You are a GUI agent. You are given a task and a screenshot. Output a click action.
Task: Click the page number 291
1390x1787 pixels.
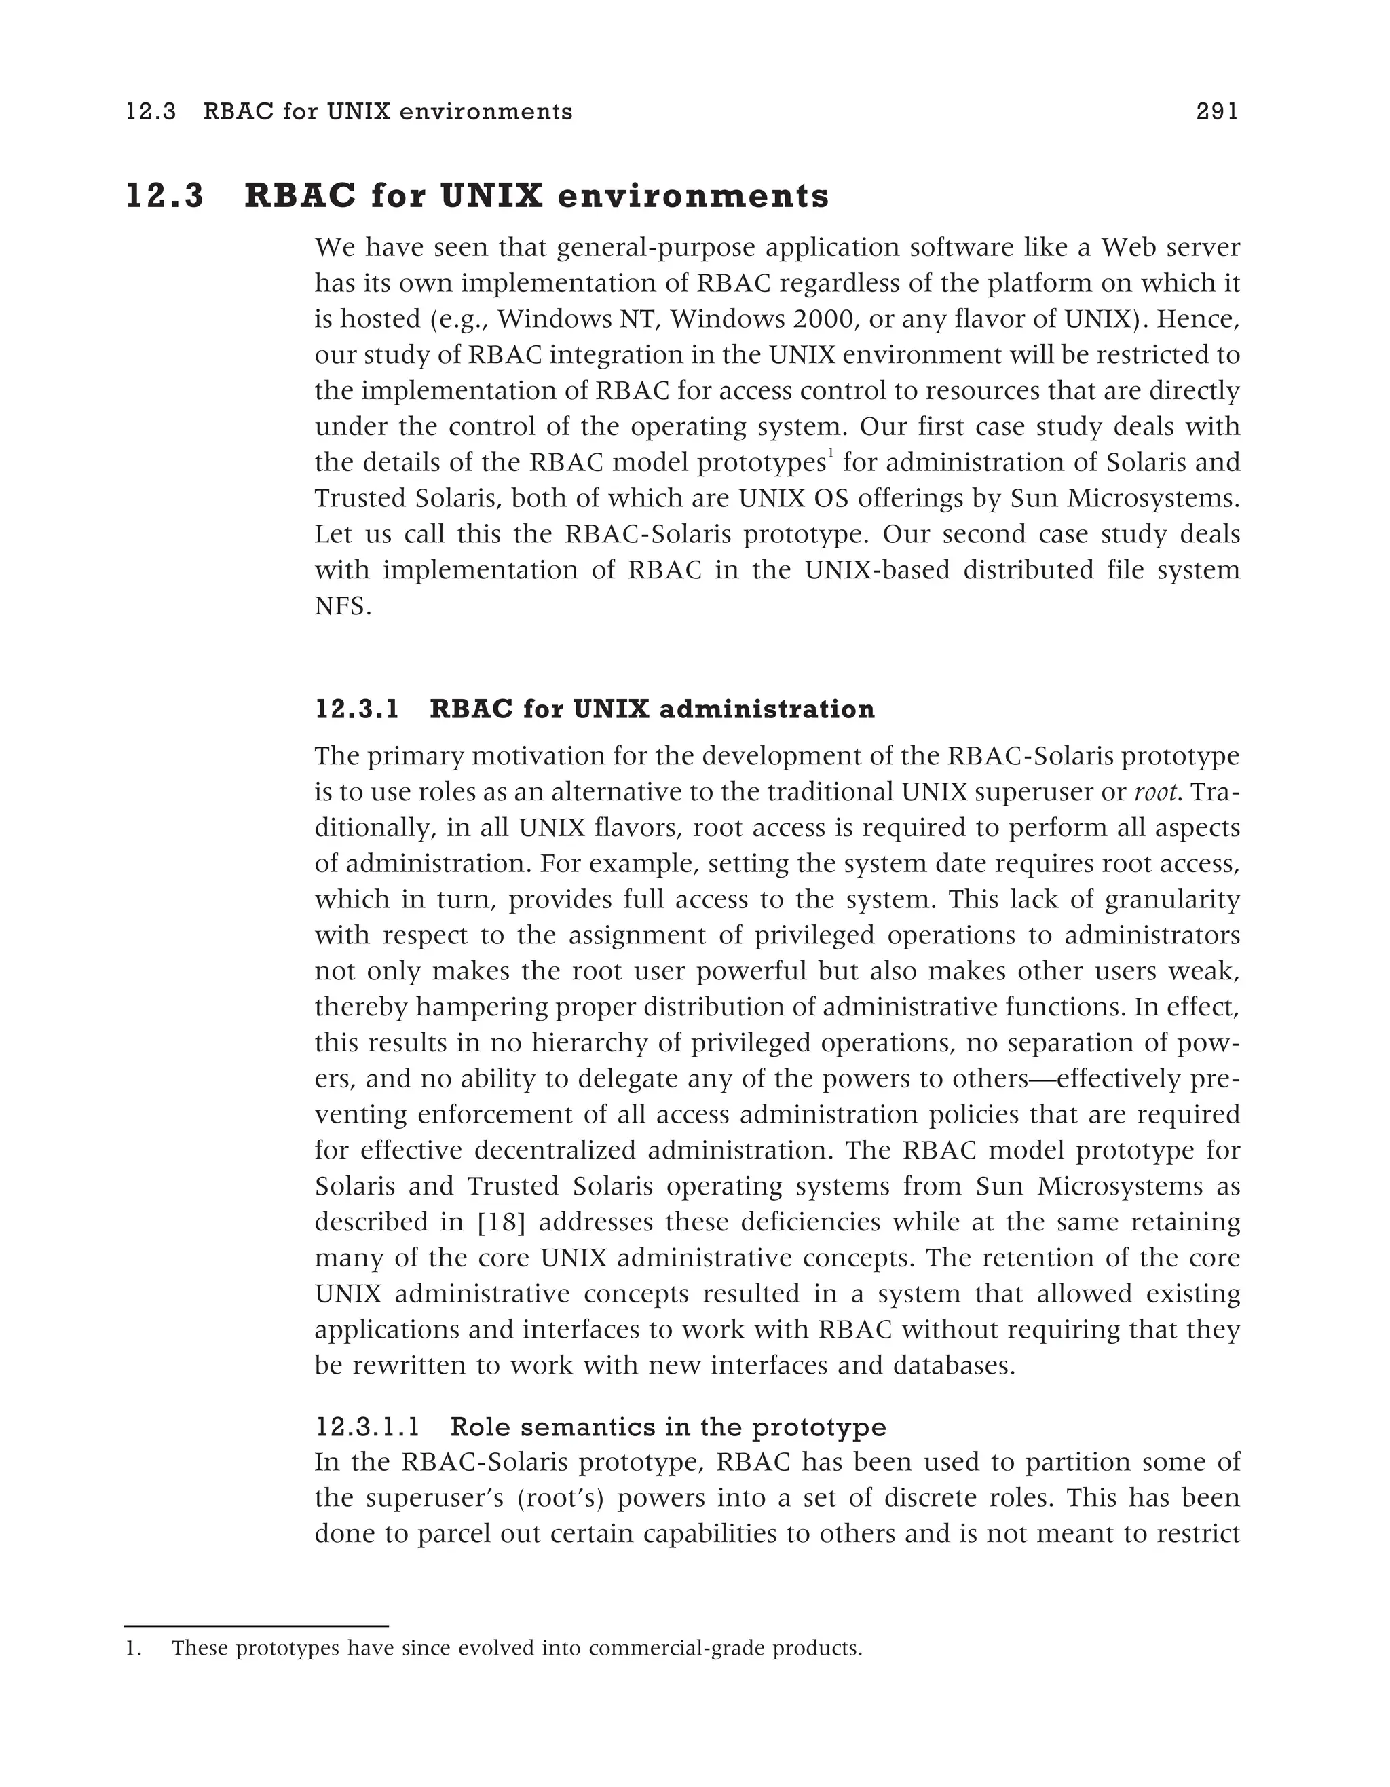[1216, 111]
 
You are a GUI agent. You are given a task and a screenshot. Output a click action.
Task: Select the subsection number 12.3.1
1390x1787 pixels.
[358, 709]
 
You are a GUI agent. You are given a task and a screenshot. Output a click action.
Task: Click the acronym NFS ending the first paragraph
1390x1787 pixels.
[342, 606]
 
